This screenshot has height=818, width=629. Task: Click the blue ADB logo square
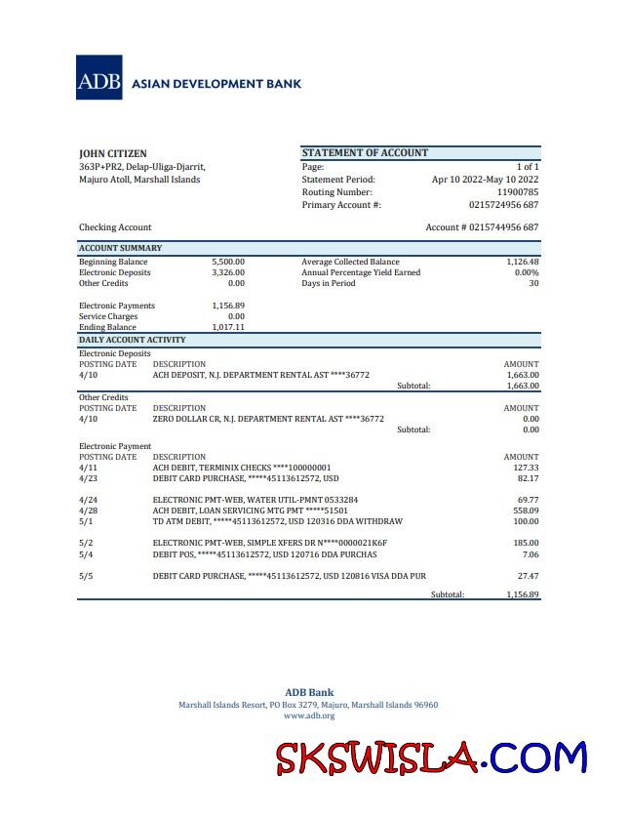(x=99, y=77)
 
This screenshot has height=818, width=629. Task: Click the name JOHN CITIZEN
(x=113, y=153)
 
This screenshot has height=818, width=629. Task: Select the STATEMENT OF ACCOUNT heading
(x=365, y=152)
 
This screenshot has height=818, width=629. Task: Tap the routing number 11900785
(x=517, y=192)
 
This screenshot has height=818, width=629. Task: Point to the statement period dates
(x=485, y=180)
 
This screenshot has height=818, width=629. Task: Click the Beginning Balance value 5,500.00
(x=228, y=262)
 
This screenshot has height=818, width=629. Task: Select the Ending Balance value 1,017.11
(x=228, y=327)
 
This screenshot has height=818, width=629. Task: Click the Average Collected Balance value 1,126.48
(x=522, y=262)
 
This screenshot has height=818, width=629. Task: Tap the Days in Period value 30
(x=532, y=283)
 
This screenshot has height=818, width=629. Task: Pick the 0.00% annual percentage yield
(x=526, y=272)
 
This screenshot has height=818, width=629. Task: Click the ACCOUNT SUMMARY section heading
(x=120, y=248)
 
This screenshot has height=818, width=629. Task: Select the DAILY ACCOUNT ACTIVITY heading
(x=132, y=340)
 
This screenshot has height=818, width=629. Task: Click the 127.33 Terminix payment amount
(x=526, y=468)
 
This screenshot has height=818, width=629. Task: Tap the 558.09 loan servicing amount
(x=526, y=511)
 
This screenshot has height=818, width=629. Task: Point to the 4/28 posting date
(x=88, y=511)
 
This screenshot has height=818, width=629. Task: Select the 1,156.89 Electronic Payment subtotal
(x=522, y=594)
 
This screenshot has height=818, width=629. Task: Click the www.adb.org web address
(x=308, y=716)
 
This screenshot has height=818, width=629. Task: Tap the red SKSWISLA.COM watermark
(x=431, y=757)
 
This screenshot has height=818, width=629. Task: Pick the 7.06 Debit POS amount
(x=530, y=553)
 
